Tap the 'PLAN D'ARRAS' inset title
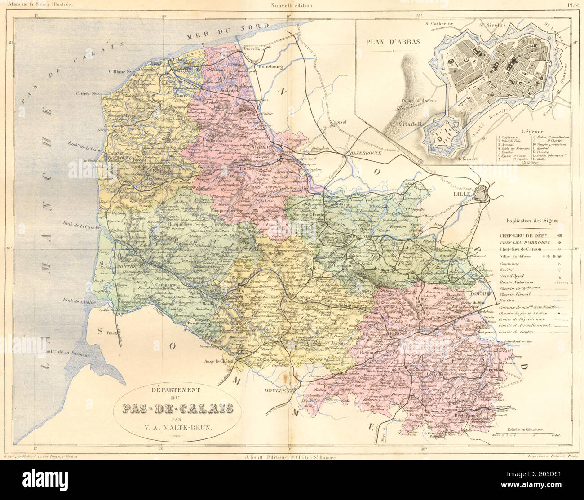pos(393,42)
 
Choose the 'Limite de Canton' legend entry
pos(516,332)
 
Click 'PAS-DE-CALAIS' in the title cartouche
pos(178,408)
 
